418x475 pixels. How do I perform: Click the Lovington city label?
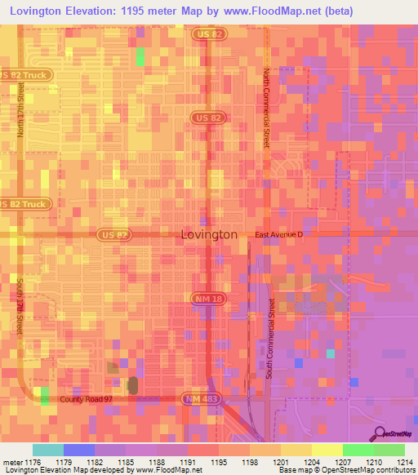pos(208,234)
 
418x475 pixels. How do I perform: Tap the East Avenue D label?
pos(278,234)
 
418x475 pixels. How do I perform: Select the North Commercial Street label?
pos(266,108)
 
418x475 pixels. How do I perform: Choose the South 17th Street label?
pos(20,307)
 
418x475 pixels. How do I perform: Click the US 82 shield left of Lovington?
pos(113,234)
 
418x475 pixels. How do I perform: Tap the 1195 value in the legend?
pos(218,463)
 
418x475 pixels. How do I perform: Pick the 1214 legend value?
pos(405,463)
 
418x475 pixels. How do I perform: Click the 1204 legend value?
pos(311,463)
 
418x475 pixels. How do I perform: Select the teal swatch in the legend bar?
pos(47,450)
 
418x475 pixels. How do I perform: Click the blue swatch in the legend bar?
pos(78,450)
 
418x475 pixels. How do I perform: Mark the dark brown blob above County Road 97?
pos(133,384)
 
